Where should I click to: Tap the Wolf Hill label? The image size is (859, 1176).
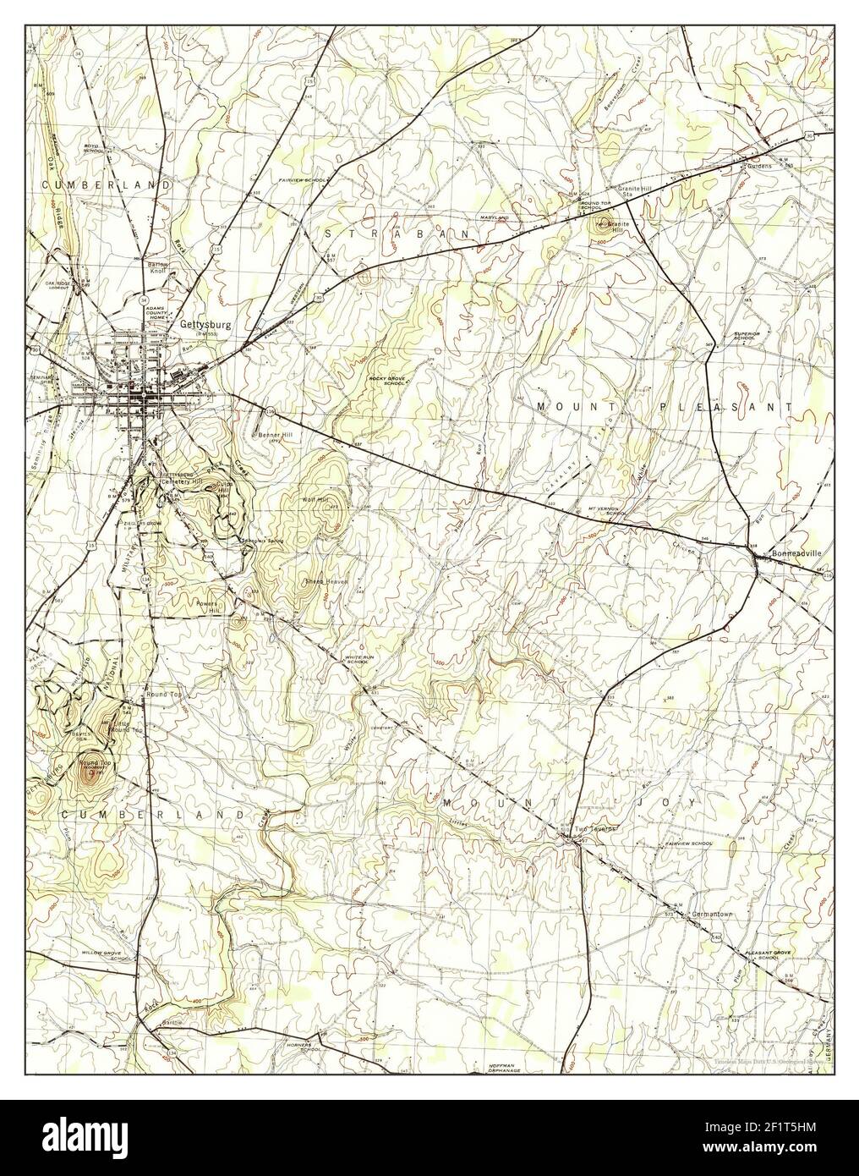coord(312,500)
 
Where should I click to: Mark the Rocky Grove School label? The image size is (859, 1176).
coord(385,379)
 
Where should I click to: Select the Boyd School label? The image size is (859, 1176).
coord(93,148)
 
